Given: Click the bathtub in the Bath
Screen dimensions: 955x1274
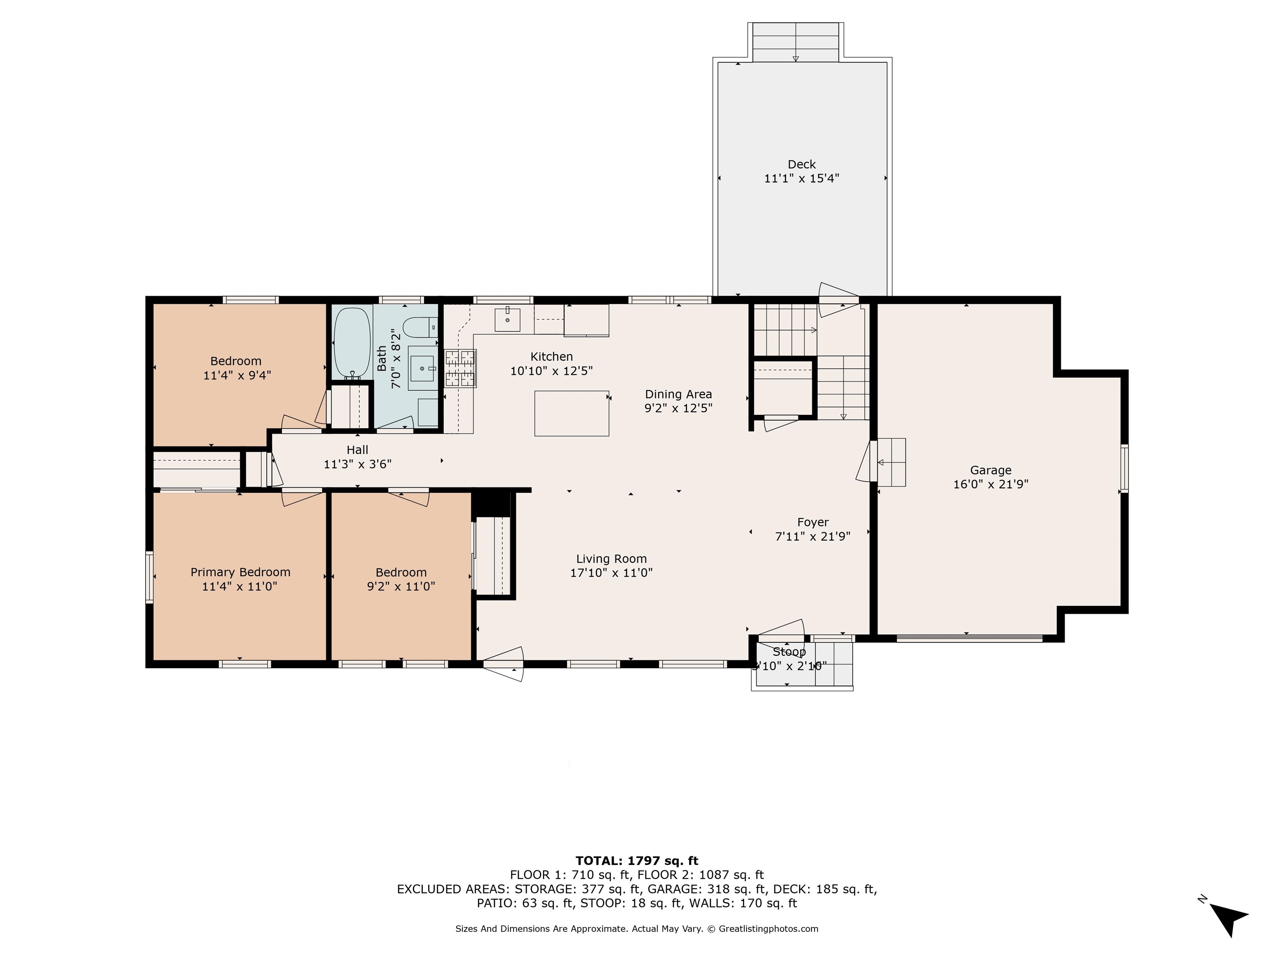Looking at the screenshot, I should coord(352,343).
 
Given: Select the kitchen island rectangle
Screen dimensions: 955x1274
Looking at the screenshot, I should coord(571,413).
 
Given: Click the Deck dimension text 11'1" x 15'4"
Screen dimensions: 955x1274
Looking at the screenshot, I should coord(801,179).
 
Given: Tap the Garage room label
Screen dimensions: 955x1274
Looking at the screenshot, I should coord(990,470).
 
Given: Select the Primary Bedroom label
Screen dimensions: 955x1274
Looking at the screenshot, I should coord(240,572).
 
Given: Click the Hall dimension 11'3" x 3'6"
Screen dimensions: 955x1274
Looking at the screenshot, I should coord(357,464).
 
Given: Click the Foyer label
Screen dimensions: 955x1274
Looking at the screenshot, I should coord(813,522).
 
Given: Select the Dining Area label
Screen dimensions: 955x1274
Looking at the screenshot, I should coord(678,394).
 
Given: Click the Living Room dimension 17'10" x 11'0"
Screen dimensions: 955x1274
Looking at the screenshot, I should coord(611,573).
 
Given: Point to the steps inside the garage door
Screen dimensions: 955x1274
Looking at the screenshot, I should coord(891,462).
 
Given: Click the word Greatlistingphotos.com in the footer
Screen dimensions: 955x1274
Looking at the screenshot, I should coord(768,928).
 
